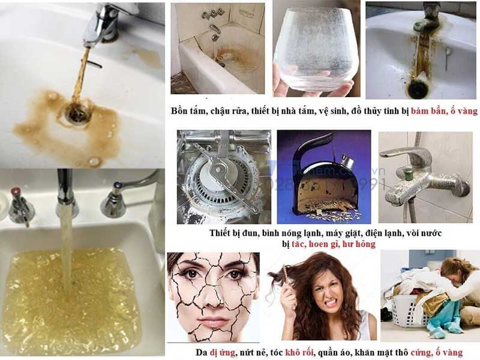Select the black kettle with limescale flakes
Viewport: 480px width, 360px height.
pyautogui.click(x=318, y=177)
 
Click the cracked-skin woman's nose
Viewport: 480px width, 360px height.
pyautogui.click(x=212, y=298)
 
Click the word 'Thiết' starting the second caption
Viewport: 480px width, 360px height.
pyautogui.click(x=223, y=232)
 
